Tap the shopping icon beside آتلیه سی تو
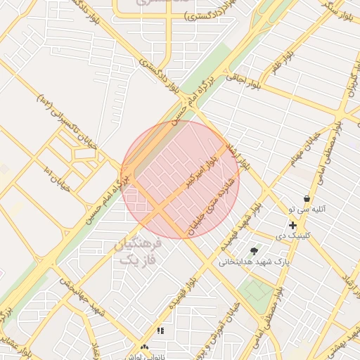(x=307, y=199)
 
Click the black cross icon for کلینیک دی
(x=292, y=225)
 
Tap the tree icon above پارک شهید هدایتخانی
(x=254, y=250)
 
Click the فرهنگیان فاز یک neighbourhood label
(x=138, y=252)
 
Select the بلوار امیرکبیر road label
(x=202, y=173)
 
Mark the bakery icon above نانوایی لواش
(x=145, y=347)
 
